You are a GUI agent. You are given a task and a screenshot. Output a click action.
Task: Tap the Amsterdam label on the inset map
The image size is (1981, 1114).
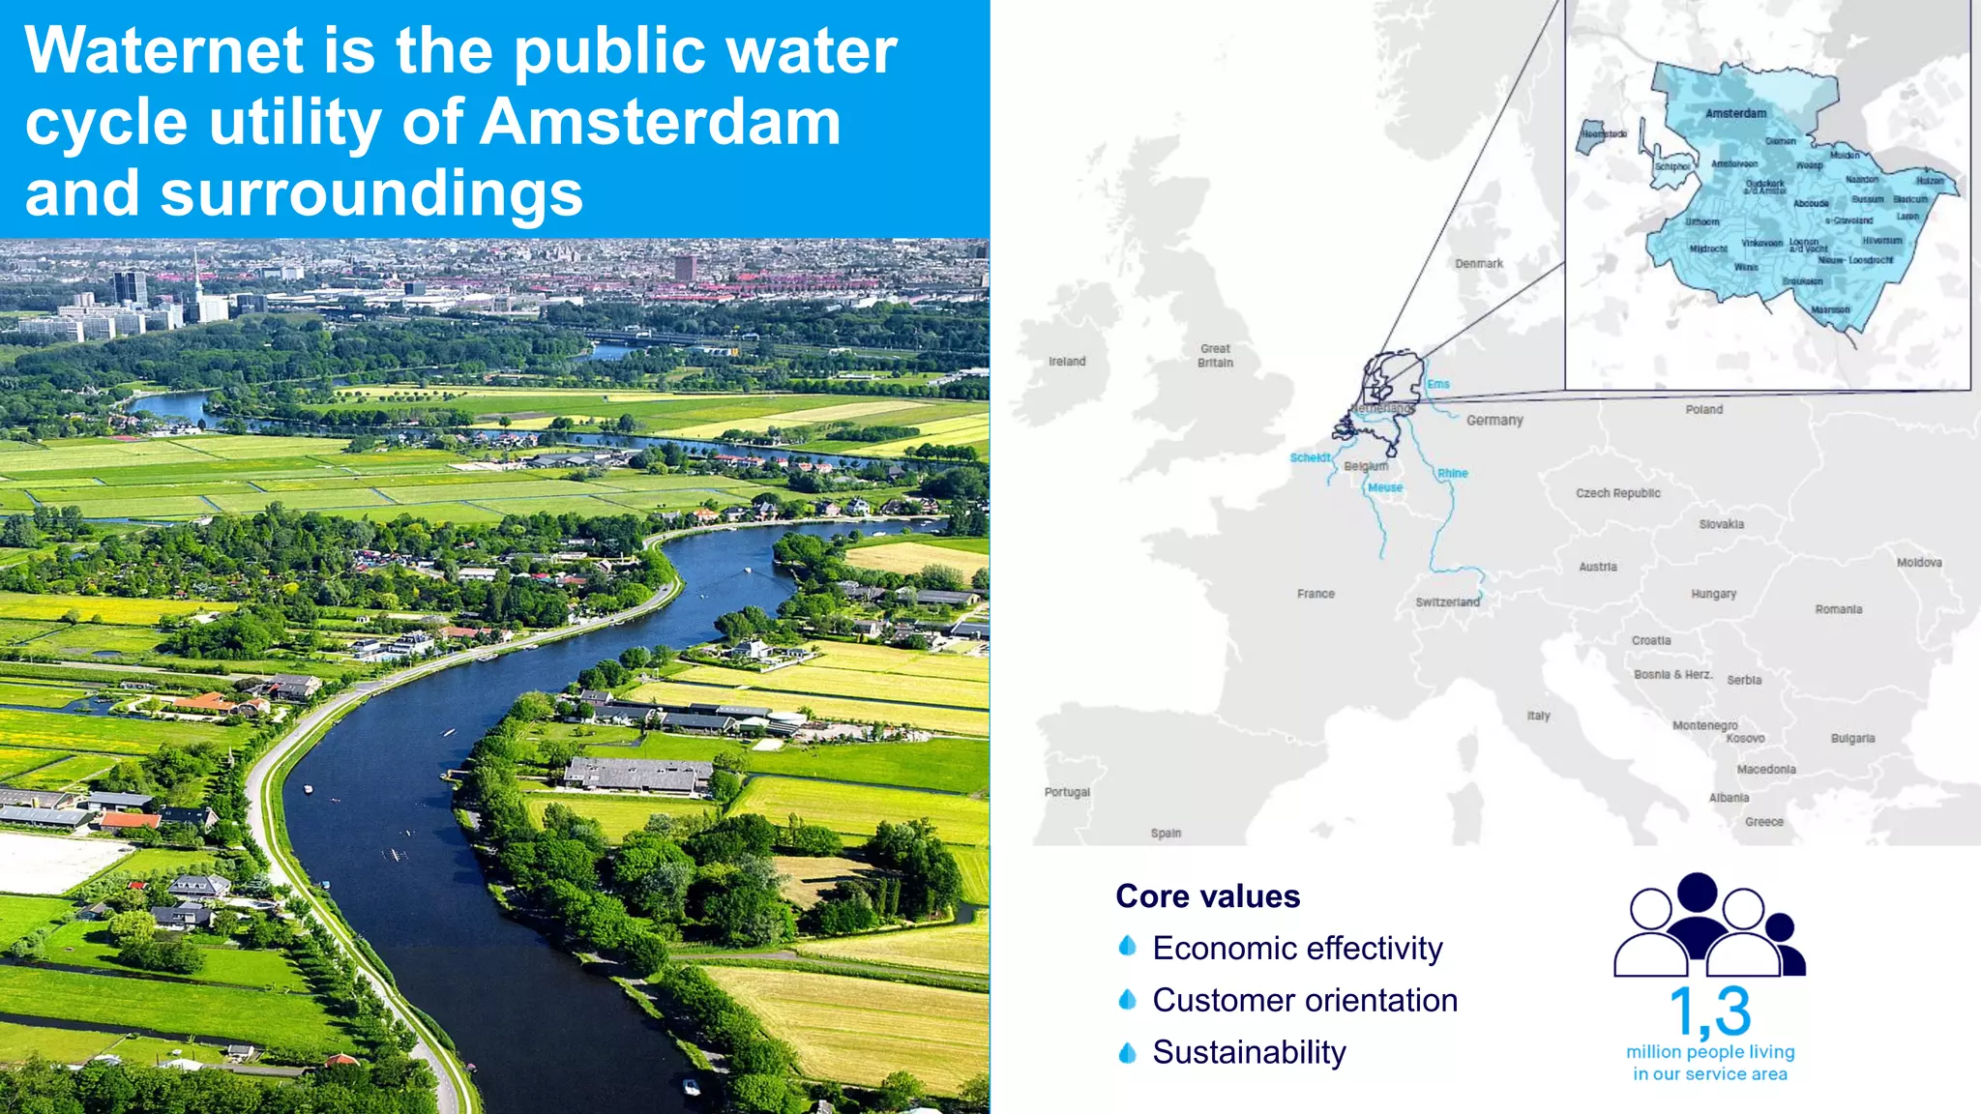[1735, 113]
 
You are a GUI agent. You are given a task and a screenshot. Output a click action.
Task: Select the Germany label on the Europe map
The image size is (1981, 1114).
[1494, 420]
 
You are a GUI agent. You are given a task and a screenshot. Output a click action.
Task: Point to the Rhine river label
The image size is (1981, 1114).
[1452, 473]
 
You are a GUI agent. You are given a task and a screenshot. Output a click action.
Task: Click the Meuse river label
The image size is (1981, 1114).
[1384, 487]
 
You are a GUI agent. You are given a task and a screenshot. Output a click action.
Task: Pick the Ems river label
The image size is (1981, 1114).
[1438, 384]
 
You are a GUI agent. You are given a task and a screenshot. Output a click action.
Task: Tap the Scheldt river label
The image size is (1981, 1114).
[1311, 457]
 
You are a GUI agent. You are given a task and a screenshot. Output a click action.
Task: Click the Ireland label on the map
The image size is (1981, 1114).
[1067, 362]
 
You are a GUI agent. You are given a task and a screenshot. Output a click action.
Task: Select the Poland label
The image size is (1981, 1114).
[1703, 409]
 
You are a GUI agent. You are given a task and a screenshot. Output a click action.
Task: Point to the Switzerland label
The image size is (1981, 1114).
[1447, 601]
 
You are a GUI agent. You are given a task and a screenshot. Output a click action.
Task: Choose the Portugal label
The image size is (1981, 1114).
[1067, 792]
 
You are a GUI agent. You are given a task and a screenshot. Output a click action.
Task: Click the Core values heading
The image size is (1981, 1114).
[1207, 896]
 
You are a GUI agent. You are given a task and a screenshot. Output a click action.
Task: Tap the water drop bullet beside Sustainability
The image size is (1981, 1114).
[1127, 1052]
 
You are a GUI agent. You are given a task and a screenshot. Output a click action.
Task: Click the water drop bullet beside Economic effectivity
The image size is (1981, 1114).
[1127, 946]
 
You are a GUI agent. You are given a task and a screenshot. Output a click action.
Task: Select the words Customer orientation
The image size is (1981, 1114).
[1304, 1000]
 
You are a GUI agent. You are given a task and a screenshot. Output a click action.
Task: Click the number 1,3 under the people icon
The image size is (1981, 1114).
[1709, 1011]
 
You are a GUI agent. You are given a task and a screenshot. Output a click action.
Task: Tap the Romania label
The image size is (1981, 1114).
[1838, 609]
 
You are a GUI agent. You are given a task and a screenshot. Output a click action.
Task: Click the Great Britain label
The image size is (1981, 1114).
[1215, 355]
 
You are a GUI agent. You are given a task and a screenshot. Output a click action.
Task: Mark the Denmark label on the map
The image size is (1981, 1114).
[1479, 263]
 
